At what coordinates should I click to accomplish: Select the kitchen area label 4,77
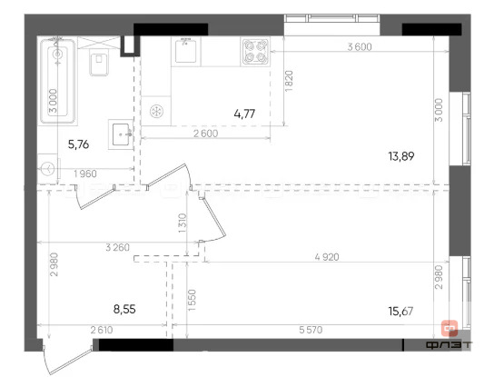[243, 114]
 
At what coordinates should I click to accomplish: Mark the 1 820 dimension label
[288, 84]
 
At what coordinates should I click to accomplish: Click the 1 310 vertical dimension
[183, 223]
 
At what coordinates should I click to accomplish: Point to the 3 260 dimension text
[118, 246]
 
